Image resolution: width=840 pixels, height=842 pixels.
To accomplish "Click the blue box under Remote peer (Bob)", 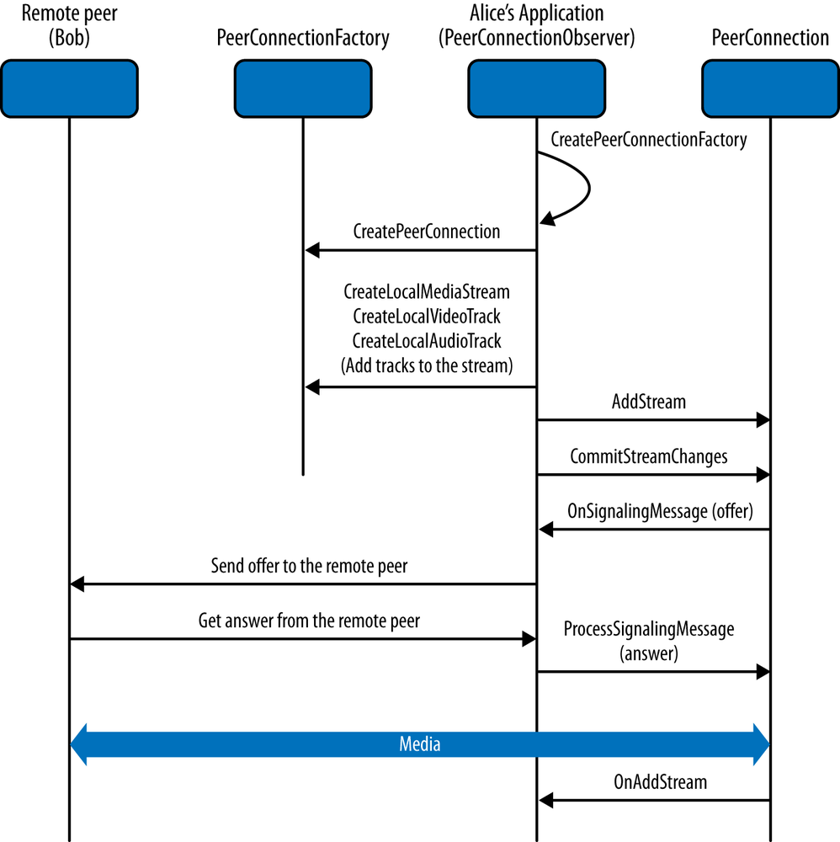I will [x=69, y=88].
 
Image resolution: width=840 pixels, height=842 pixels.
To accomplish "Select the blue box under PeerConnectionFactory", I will [x=303, y=88].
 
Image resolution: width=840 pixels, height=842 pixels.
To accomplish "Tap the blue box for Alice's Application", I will [x=537, y=88].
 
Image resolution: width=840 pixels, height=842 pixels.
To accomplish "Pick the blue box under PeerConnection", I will [x=769, y=88].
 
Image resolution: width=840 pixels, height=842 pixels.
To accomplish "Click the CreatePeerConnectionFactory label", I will [x=648, y=140].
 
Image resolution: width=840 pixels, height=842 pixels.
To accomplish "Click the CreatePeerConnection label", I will [x=426, y=231].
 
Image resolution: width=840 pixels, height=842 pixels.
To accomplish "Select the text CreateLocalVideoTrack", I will [x=426, y=317].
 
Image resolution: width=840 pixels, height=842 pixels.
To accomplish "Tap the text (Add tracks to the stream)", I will [x=426, y=366].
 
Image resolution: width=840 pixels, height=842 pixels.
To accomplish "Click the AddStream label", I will [x=648, y=402].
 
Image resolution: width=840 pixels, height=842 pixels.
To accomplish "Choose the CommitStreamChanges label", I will [x=648, y=456].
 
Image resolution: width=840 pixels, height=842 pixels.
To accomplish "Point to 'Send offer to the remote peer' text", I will [x=309, y=566].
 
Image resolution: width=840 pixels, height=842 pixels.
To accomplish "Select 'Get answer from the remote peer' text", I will [x=309, y=621].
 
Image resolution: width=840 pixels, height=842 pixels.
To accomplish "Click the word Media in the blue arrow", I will [x=419, y=744].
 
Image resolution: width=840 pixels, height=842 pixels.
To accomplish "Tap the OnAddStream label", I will [x=660, y=782].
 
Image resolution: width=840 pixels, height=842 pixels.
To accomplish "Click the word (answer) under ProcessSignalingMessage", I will [x=648, y=653].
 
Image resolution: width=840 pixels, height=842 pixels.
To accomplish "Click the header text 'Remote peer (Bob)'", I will [x=69, y=25].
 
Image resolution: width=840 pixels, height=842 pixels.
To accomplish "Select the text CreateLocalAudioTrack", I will [x=426, y=341].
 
